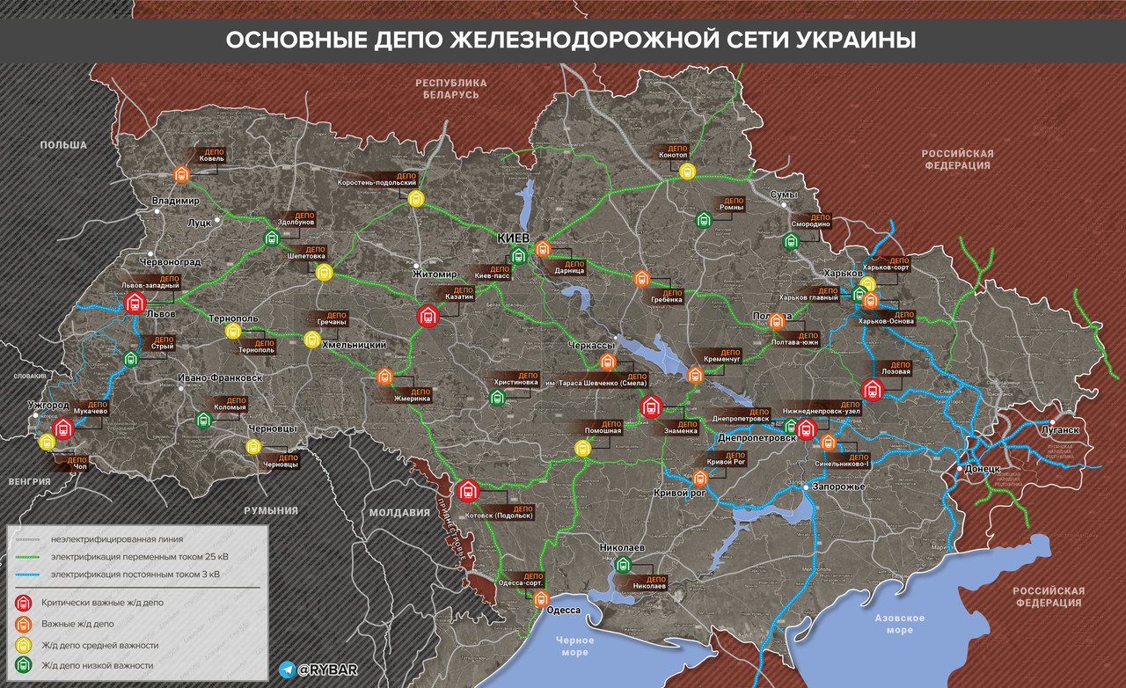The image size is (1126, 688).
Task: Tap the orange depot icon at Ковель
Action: tap(182, 173)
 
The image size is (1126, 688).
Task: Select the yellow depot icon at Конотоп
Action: tap(687, 171)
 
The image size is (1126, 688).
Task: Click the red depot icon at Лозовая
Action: tap(872, 390)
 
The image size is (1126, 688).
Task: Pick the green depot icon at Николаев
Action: tap(623, 565)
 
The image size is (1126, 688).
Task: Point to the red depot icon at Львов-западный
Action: tap(134, 304)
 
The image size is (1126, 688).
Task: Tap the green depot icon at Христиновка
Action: tap(497, 398)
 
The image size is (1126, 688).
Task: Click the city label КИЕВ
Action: tap(513, 238)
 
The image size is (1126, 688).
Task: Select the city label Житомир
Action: tap(435, 274)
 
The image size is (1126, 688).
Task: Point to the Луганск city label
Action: tap(1059, 430)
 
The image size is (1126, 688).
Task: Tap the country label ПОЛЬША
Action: tap(63, 145)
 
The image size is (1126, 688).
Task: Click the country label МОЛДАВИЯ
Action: tap(399, 513)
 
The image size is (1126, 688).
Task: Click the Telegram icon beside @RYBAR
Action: tap(287, 670)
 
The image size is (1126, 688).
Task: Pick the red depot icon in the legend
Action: tap(24, 603)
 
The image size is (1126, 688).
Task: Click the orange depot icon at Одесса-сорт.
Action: tap(542, 598)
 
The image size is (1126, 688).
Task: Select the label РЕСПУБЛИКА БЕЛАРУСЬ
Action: tap(450, 87)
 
